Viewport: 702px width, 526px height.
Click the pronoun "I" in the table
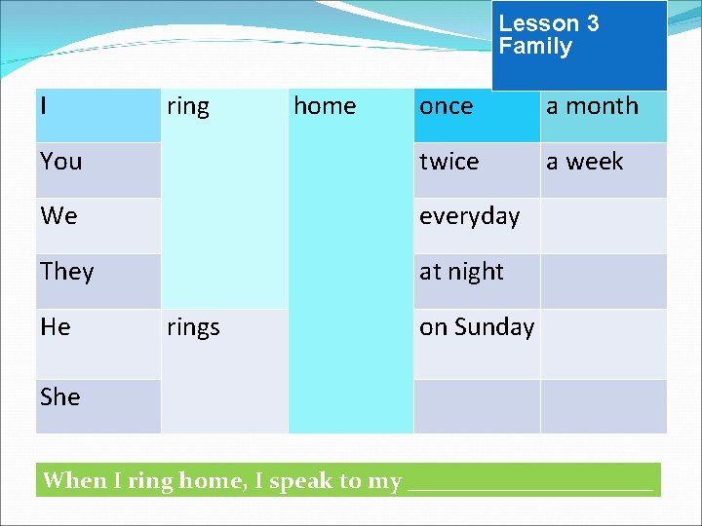[x=44, y=105]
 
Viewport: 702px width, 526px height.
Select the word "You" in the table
[x=60, y=161]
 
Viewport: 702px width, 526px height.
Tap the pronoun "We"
[x=58, y=216]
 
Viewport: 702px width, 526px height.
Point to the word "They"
[x=66, y=272]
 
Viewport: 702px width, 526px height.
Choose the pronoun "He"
[x=55, y=327]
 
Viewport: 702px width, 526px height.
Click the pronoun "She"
[x=59, y=396]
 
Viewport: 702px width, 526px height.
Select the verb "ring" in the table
[x=187, y=106]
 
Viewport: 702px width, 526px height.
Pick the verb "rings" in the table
[x=192, y=327]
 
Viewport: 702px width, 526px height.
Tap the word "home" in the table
[x=325, y=106]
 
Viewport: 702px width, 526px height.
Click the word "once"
[x=446, y=106]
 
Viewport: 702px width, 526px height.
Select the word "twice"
[x=448, y=161]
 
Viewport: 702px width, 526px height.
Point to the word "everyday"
[x=469, y=216]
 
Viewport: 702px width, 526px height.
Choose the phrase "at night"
[x=461, y=272]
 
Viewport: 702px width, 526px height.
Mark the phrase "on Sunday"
[x=476, y=327]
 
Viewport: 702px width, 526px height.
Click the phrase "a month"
[x=592, y=106]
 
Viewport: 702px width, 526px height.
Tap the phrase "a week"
[x=584, y=161]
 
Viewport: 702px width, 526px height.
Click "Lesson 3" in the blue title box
[x=548, y=23]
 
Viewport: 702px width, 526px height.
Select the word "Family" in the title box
[x=535, y=47]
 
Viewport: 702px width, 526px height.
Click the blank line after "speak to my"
[x=528, y=482]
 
